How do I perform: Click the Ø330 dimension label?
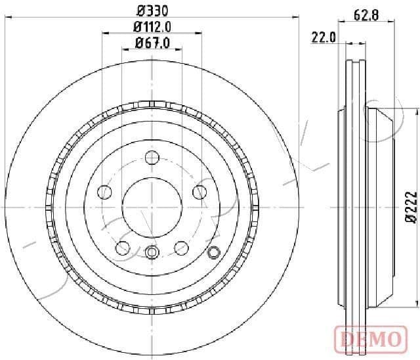(x=152, y=11)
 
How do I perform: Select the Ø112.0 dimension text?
(x=152, y=27)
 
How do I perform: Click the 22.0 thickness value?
(x=324, y=37)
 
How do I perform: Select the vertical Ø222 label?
(x=411, y=208)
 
